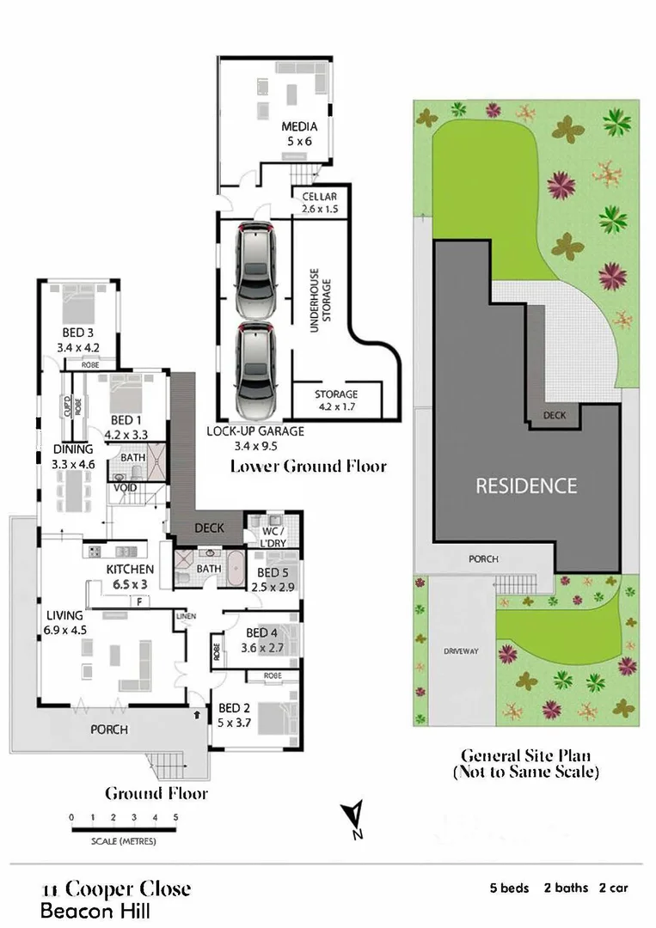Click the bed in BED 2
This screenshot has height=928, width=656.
275,717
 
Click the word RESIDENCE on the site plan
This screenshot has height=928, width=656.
526,486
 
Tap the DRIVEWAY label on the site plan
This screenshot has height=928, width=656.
462,651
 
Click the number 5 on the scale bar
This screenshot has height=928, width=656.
175,817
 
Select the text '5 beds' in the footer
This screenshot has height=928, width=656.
509,888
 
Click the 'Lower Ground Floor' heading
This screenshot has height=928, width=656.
308,467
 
